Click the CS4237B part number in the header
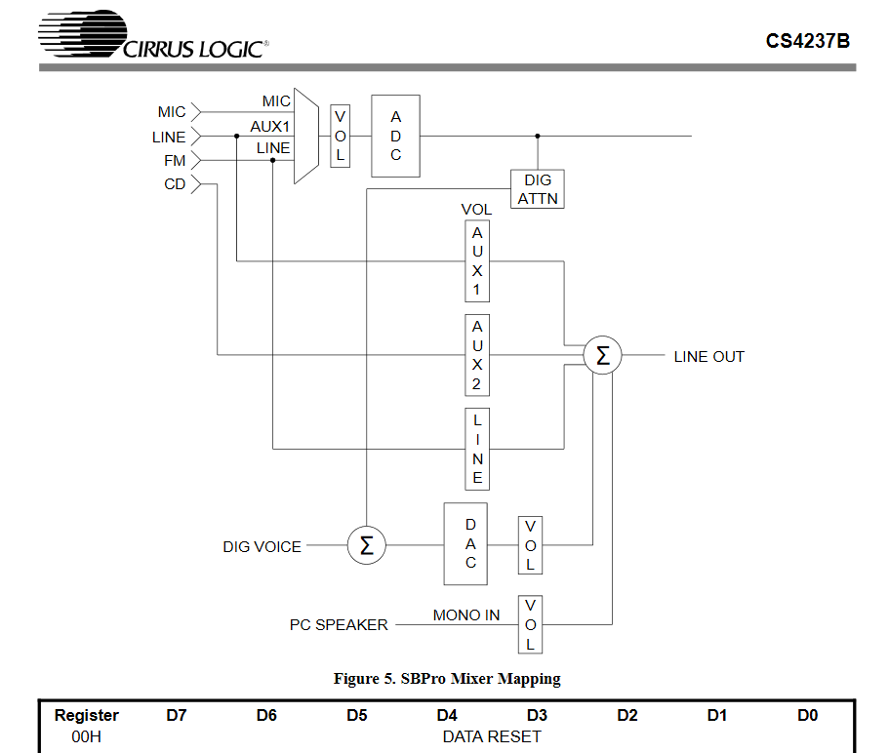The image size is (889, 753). coord(807,41)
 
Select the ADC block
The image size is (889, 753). coord(395,136)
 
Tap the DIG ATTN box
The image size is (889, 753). coord(538,189)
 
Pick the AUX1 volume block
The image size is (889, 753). coord(477,260)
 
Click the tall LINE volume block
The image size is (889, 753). coord(477,449)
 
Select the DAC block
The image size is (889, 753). coord(470,544)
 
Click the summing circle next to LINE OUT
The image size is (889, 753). coord(602,356)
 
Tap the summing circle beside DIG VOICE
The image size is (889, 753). coord(367,545)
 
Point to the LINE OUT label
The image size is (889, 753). coord(708,357)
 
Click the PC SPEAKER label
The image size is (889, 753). coord(339,624)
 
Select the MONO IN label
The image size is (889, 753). coord(466,614)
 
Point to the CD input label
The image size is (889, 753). coord(175,184)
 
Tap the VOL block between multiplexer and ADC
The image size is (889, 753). coord(340,136)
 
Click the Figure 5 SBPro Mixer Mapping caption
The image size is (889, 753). coord(447,679)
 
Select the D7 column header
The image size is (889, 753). coord(177,716)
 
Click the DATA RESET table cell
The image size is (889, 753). coord(492,736)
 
